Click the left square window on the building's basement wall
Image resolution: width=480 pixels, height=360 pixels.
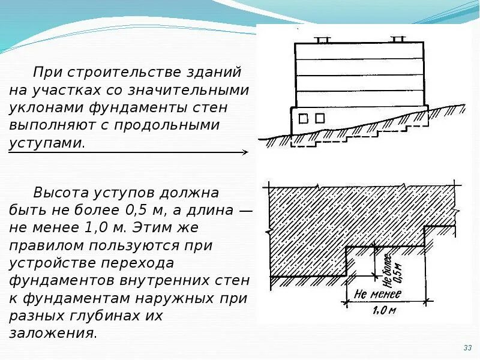coord(304,119)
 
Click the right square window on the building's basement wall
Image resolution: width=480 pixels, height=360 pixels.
coord(320,118)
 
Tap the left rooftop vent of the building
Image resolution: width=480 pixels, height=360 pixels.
coord(322,40)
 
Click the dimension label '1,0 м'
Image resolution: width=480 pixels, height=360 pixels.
coord(383,310)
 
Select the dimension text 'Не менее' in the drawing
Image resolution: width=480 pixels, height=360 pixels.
coord(377,293)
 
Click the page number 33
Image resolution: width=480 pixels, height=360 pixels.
coord(467,348)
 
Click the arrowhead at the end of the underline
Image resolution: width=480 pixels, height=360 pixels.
coord(244,152)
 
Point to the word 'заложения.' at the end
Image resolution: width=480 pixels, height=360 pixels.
coord(53,333)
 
